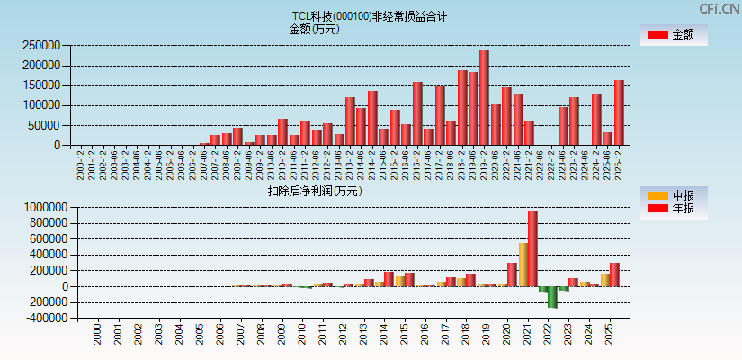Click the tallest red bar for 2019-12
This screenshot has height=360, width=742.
click(484, 98)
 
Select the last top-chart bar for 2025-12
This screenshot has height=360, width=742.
click(619, 112)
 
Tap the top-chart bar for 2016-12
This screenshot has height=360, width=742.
click(417, 113)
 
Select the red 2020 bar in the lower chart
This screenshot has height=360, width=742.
click(512, 274)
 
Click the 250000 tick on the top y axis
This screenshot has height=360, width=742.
click(42, 46)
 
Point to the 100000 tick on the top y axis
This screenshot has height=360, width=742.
click(42, 105)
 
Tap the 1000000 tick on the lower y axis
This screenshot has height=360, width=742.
click(40, 207)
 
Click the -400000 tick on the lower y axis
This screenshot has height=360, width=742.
click(40, 319)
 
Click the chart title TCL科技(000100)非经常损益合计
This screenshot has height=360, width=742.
click(369, 16)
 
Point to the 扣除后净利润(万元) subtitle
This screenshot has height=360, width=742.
click(315, 191)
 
